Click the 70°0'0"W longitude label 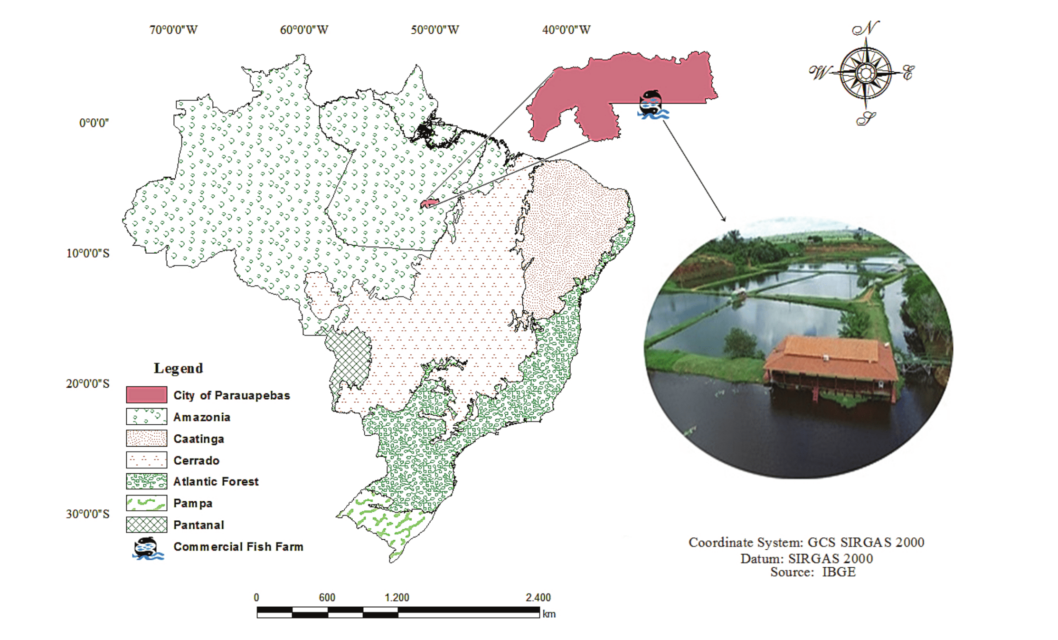173,30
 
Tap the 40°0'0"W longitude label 566,30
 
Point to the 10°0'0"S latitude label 88,253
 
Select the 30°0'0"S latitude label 88,514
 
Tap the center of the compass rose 865,73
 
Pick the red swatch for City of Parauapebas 146,395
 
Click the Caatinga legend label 198,439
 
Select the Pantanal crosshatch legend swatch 146,525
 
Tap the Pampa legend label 193,503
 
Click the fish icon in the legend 147,548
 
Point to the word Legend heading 179,368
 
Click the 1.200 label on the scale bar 397,598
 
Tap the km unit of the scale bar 549,614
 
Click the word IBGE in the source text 839,572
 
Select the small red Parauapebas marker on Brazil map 429,203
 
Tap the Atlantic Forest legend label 216,482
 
